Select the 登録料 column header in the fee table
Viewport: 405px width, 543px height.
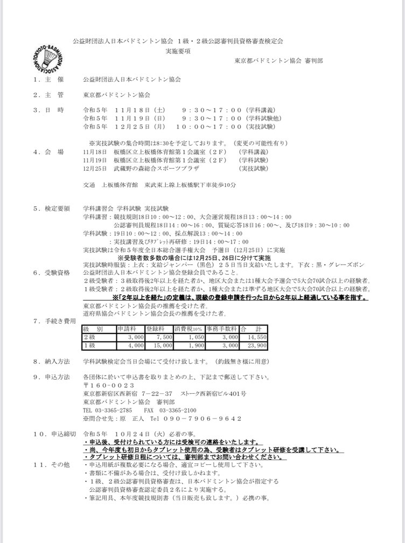click(153, 328)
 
